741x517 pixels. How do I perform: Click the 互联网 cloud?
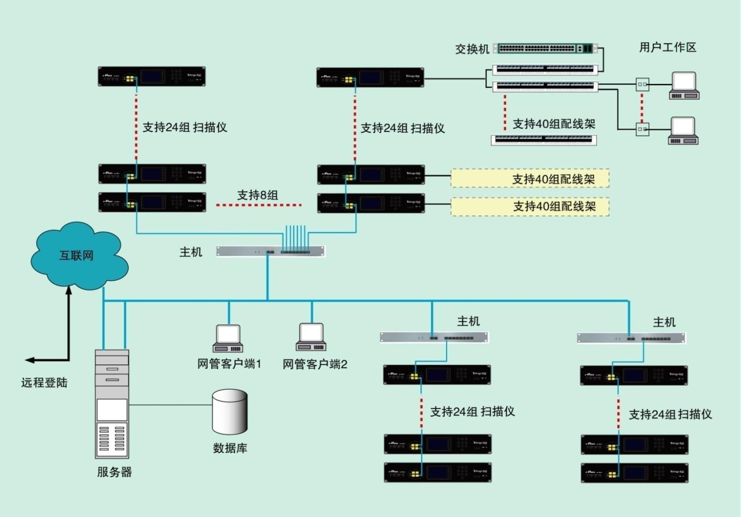tap(77, 256)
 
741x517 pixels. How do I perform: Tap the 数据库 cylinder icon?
tap(229, 411)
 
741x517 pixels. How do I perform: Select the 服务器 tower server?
tap(112, 404)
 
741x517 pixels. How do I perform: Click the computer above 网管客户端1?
tap(228, 338)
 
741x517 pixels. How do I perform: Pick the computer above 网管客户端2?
tap(311, 337)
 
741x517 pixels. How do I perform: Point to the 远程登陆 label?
tap(44, 383)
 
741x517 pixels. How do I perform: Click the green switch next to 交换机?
tap(545, 49)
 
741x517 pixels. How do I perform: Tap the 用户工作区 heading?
tap(667, 47)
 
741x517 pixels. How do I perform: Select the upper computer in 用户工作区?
tap(684, 85)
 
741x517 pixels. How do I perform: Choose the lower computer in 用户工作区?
tap(683, 130)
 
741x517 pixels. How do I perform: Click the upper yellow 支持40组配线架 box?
tap(529, 179)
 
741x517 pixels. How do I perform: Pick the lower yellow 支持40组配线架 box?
tap(529, 206)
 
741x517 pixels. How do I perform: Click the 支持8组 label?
tap(257, 195)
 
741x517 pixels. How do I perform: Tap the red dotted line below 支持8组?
tap(259, 205)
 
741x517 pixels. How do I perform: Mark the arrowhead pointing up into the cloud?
tap(69, 290)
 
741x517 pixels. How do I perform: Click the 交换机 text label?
tap(472, 49)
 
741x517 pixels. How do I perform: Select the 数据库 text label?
tap(230, 448)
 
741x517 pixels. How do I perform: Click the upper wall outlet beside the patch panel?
tap(642, 84)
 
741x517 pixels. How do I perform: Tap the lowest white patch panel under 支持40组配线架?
tap(544, 140)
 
